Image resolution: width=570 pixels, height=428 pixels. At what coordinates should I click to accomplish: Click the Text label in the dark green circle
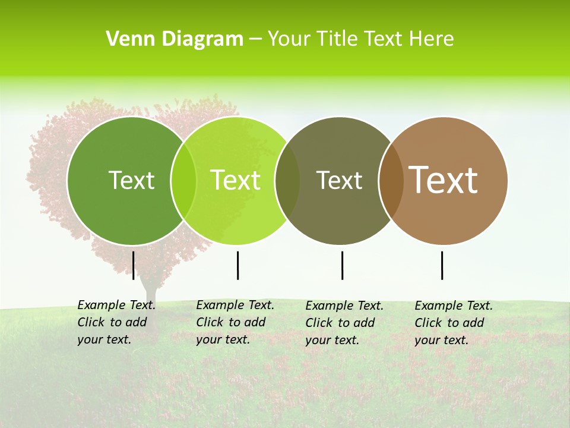point(131,180)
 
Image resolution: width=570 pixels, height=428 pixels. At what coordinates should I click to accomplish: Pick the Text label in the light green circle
point(236,180)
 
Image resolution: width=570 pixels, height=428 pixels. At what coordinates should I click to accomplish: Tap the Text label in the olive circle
point(340,180)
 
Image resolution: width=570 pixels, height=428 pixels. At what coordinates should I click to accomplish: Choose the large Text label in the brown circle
point(444,180)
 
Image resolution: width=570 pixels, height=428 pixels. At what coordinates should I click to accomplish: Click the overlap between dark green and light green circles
point(183,181)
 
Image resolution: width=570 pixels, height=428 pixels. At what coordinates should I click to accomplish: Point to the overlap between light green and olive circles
point(287,181)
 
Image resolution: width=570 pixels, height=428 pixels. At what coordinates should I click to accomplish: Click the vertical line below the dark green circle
point(134,265)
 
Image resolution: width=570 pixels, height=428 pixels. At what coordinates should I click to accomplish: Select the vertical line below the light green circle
point(237,265)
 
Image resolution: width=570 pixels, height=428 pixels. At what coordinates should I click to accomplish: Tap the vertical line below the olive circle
point(342,265)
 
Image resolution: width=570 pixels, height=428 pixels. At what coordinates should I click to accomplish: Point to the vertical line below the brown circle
point(442,265)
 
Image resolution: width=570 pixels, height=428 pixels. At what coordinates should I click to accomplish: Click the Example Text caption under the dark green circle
point(116,322)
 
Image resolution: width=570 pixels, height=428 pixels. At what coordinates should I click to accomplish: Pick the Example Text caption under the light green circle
point(235,322)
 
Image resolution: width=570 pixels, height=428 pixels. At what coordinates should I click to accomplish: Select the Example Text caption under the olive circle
point(344,323)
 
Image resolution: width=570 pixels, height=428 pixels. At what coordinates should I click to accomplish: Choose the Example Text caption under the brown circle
point(453,323)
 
